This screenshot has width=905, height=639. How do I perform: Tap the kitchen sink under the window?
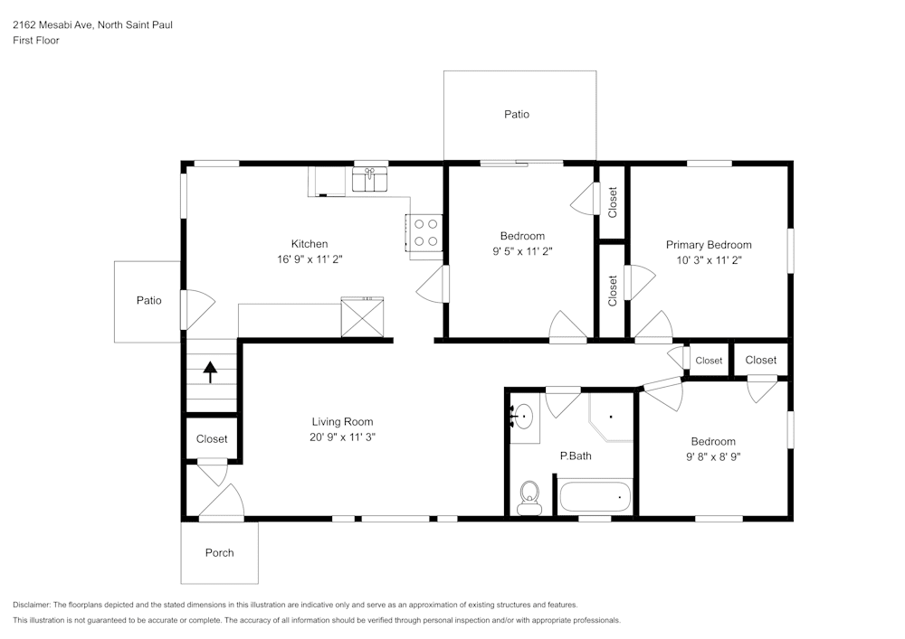369,180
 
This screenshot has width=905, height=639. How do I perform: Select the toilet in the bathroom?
529,496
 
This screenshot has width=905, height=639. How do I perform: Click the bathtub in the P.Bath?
595,497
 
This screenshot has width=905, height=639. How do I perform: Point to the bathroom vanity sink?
524,418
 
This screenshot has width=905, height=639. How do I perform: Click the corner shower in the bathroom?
610,416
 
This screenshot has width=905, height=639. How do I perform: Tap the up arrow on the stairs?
211,372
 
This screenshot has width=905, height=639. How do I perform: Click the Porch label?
219,552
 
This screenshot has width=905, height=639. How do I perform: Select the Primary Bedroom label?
709,245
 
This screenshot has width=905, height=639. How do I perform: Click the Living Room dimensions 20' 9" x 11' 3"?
342,437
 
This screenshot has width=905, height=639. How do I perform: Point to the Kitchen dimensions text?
309,258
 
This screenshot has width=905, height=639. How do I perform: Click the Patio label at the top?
517,114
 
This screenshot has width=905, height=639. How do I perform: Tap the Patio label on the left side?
148,300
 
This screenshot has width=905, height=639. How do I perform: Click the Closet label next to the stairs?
212,439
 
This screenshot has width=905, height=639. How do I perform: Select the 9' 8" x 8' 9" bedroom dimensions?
713,456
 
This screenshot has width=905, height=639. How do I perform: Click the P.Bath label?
576,456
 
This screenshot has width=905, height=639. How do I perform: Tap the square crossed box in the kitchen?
362,317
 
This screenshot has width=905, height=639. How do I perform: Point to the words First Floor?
36,41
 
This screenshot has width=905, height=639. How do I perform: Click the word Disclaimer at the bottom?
32,605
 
